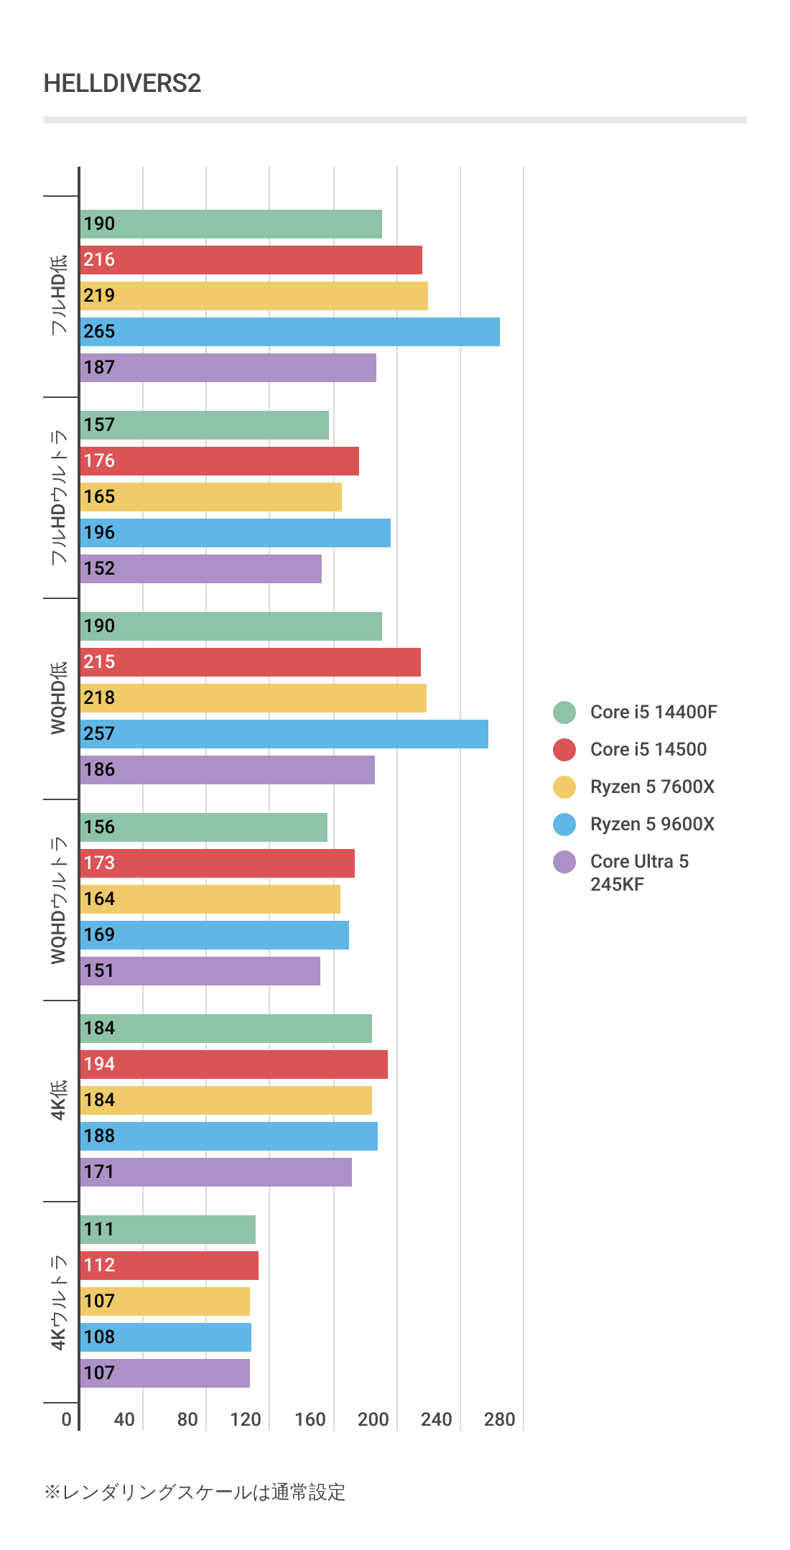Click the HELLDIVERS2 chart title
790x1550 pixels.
click(x=122, y=84)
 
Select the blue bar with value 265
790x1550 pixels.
click(x=289, y=332)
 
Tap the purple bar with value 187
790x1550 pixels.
click(x=228, y=368)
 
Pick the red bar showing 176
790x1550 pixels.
click(x=219, y=461)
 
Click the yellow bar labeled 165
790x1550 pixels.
click(x=210, y=497)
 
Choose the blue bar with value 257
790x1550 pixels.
click(x=284, y=734)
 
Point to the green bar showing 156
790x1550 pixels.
click(x=203, y=827)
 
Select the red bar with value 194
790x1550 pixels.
click(x=233, y=1064)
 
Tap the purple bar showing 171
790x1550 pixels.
click(x=215, y=1172)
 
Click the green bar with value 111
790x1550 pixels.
click(x=167, y=1230)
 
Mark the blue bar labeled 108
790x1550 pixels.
click(x=165, y=1337)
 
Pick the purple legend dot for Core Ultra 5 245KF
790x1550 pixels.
click(x=564, y=862)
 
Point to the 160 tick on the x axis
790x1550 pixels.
click(x=310, y=1419)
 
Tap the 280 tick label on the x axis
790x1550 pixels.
click(x=500, y=1419)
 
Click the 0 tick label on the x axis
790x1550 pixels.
click(x=67, y=1419)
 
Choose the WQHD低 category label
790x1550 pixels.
click(x=58, y=698)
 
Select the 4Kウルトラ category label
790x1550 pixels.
click(x=58, y=1302)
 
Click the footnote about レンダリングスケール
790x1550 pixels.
click(x=195, y=1493)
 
